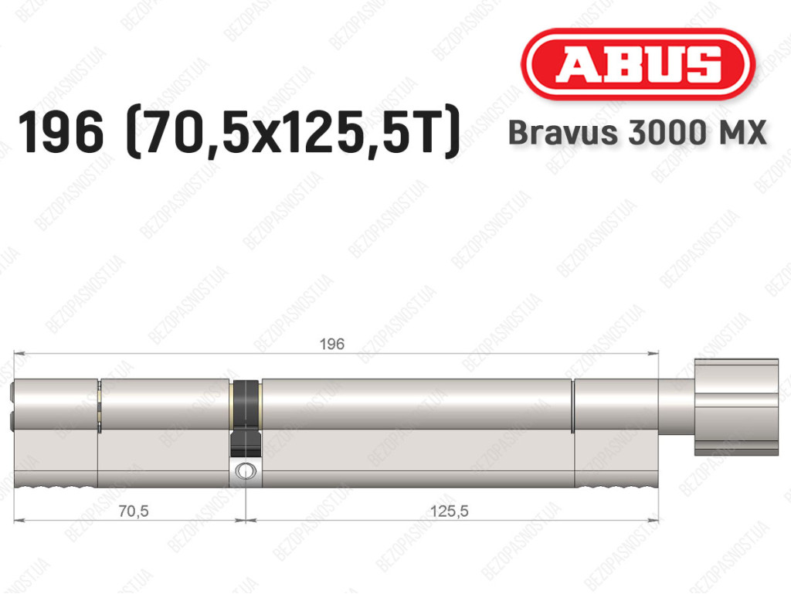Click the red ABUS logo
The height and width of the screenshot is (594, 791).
[637, 64]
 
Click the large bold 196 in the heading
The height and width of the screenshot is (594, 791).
[60, 133]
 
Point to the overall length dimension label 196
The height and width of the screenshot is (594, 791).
[332, 345]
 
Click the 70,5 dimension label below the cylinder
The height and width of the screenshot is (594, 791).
[134, 511]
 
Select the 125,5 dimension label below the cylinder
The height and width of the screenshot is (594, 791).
[450, 511]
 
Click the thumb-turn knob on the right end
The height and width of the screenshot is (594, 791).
[736, 407]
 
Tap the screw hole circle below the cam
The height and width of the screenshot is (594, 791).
[246, 471]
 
